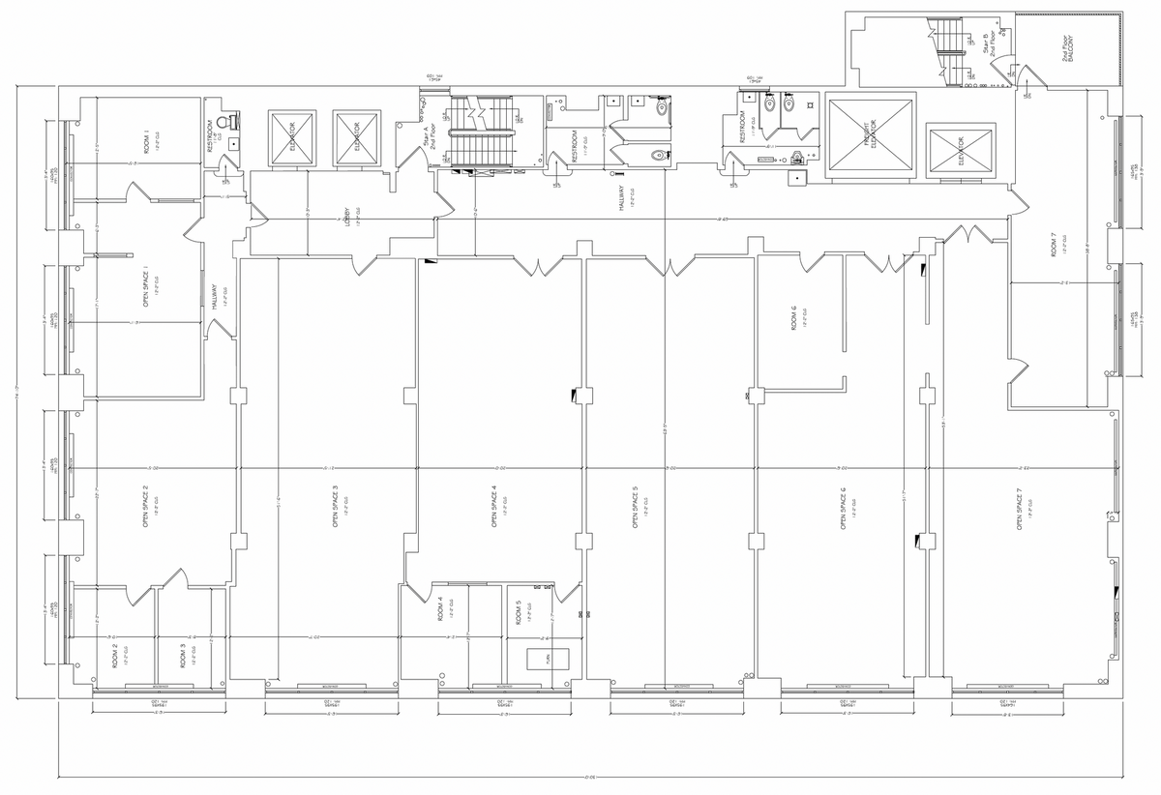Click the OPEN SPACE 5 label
pyautogui.click(x=635, y=506)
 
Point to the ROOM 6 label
pyautogui.click(x=793, y=318)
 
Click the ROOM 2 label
pyautogui.click(x=114, y=657)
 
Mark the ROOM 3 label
pyautogui.click(x=183, y=657)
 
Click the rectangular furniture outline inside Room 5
pyautogui.click(x=547, y=658)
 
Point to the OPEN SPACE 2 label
pyautogui.click(x=145, y=511)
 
